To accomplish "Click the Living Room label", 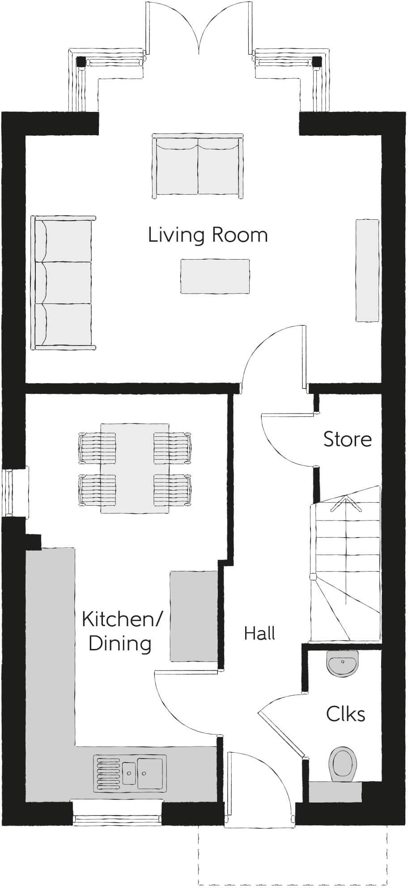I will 208,235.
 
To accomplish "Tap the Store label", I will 347,440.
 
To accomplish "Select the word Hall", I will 259,633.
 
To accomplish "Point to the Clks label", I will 345,714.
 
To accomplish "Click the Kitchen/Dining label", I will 121,632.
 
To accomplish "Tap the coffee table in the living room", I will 215,277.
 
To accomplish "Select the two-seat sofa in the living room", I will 198,165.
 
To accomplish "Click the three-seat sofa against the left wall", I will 63,282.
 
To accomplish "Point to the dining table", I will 135,468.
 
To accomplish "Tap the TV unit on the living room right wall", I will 367,270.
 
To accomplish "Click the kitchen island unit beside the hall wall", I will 193,616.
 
